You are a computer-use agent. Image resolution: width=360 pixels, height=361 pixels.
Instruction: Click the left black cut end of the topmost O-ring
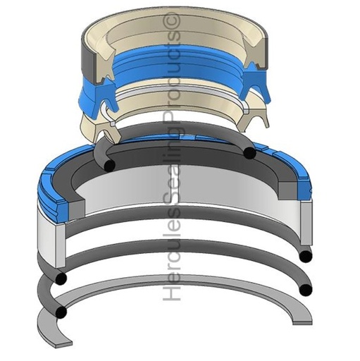pyautogui.click(x=109, y=165)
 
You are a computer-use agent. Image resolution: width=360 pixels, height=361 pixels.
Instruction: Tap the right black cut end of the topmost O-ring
pyautogui.click(x=249, y=153)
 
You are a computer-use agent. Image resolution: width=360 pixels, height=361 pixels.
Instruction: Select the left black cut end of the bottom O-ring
pyautogui.click(x=61, y=312)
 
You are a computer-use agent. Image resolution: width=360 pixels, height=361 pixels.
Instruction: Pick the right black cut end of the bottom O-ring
pyautogui.click(x=306, y=290)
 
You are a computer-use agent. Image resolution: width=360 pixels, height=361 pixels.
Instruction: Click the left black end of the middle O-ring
pyautogui.click(x=61, y=279)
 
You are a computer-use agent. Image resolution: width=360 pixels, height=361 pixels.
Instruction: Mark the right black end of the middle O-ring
pyautogui.click(x=306, y=257)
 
